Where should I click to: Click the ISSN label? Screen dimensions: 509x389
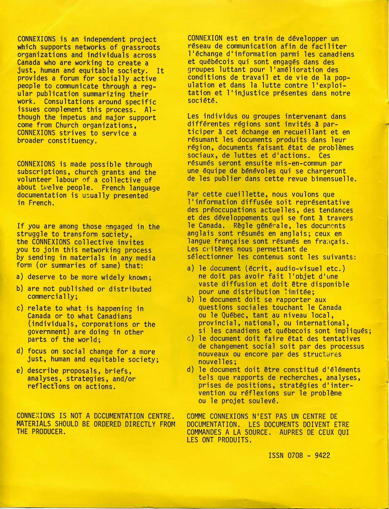coord(276,455)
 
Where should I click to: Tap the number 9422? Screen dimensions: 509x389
coord(322,455)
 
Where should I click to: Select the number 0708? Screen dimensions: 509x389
coord(295,455)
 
